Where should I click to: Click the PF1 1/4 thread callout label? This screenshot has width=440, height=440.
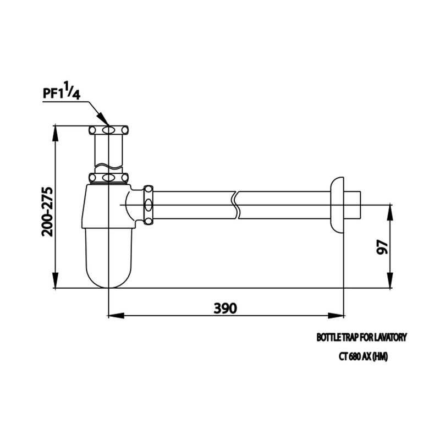click(x=62, y=92)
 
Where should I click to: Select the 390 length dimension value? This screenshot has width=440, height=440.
click(x=226, y=307)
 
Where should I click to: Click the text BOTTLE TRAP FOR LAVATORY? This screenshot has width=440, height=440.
click(x=361, y=337)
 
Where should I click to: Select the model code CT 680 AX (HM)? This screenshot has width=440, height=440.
click(x=364, y=356)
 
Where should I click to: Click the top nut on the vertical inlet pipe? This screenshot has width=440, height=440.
click(x=109, y=130)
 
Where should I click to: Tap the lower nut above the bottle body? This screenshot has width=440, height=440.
click(x=109, y=178)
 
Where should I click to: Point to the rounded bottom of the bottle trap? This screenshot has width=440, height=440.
click(x=109, y=275)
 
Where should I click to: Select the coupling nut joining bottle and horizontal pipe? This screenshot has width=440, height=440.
click(x=147, y=205)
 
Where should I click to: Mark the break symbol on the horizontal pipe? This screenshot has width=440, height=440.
click(x=236, y=205)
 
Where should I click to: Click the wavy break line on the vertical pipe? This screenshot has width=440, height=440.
click(x=109, y=164)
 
